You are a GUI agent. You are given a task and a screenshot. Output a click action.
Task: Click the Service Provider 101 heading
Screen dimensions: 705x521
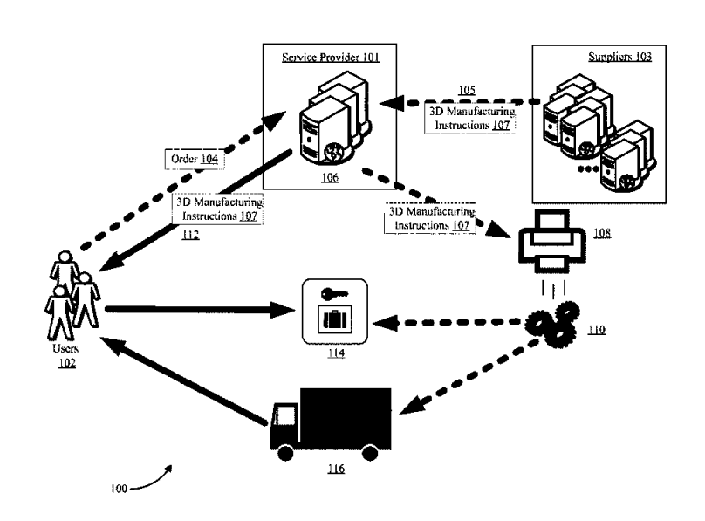[331, 58]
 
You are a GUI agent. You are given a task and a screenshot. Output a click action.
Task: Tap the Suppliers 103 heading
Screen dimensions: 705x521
[619, 57]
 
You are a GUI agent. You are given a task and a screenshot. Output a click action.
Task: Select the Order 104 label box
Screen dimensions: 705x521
[195, 159]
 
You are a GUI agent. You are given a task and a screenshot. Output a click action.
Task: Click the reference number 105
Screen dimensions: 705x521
[467, 90]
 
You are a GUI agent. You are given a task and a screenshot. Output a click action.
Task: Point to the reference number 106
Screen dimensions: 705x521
[330, 177]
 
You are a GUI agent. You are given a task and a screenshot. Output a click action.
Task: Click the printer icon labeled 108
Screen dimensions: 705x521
[552, 241]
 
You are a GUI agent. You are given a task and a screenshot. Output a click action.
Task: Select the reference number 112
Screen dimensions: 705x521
[190, 235]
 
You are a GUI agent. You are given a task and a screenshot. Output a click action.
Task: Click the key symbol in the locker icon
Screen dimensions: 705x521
[334, 294]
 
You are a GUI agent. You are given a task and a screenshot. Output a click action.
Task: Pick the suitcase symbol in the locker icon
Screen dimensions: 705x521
[335, 319]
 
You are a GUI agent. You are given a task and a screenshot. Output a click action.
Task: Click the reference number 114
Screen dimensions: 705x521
[336, 353]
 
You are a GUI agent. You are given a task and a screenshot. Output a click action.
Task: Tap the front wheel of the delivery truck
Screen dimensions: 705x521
[285, 452]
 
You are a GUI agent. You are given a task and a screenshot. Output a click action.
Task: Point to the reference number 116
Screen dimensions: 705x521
[336, 469]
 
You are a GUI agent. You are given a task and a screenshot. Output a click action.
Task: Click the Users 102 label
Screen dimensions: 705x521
[66, 355]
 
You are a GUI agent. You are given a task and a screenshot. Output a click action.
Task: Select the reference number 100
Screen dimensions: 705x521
[119, 489]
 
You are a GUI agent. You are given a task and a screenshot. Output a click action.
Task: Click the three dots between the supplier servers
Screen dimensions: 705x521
[588, 169]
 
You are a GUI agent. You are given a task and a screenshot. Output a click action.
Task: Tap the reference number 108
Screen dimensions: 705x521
[602, 233]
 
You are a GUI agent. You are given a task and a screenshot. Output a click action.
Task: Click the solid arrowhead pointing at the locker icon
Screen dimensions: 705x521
[283, 310]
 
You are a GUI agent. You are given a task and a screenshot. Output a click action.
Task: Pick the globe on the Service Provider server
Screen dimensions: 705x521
[333, 151]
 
